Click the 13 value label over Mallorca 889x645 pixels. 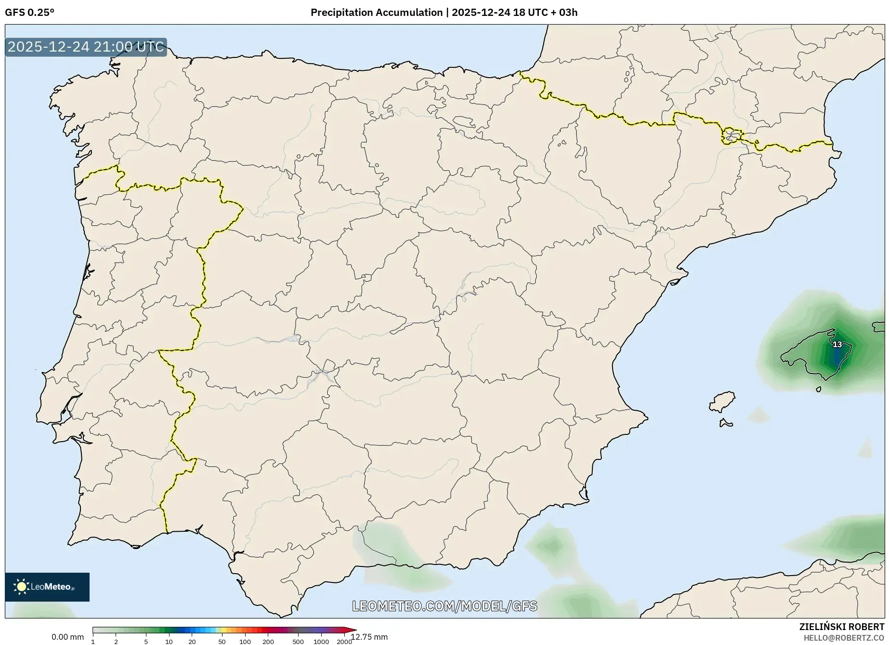coord(837,344)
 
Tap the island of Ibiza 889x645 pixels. coord(722,401)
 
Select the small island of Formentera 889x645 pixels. coord(725,424)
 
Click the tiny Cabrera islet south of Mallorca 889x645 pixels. coord(818,389)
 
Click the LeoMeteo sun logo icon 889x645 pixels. coord(22,587)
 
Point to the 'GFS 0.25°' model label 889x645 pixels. coord(29,13)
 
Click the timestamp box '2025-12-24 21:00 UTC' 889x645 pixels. coord(86,47)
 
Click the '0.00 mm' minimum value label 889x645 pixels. coord(67,637)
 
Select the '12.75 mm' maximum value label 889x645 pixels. coord(369,637)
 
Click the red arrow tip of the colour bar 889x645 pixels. coord(353,630)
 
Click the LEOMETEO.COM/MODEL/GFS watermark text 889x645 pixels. coord(444,606)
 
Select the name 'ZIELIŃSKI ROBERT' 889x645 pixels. coord(841,627)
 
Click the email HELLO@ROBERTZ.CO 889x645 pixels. coord(844,638)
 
